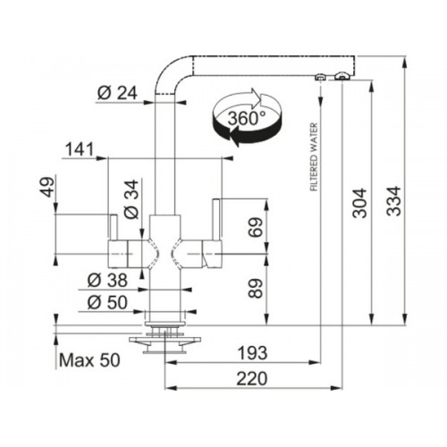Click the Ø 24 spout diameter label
point(117,93)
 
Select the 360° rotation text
point(247,118)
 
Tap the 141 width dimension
point(80,149)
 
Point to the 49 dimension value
point(47,187)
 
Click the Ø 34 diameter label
point(131,198)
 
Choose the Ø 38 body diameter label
point(107,280)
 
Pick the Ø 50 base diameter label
point(107,302)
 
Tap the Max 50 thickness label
point(89,360)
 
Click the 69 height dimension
point(256,227)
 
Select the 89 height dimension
point(256,288)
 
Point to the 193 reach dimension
point(252,353)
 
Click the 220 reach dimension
point(252,379)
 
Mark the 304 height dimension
point(359,203)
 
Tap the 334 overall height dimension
point(393,201)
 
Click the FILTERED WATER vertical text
point(314,157)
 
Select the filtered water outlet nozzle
point(320,77)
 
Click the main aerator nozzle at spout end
point(342,76)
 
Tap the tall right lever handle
point(216,219)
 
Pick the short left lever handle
point(114,227)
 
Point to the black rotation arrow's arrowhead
point(234,136)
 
